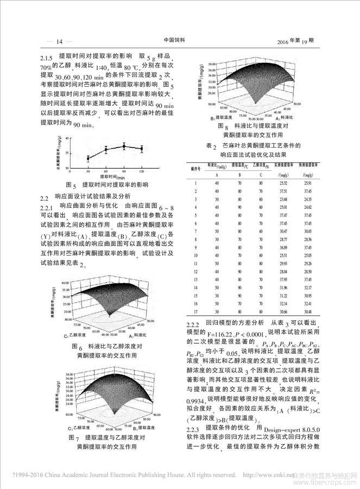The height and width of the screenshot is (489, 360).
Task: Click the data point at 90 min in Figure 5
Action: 124,146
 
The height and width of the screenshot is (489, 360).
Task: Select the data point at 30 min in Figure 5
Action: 88,158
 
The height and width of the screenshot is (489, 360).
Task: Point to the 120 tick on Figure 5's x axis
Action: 142,170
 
